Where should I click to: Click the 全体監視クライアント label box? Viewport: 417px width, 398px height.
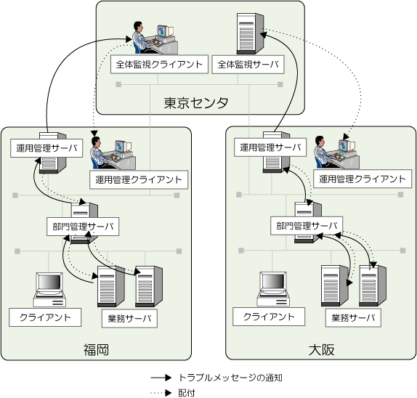[159, 65]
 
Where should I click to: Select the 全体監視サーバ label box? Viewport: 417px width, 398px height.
[248, 65]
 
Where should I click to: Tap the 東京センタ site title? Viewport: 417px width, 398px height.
[196, 103]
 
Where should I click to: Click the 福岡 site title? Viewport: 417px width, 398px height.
[97, 349]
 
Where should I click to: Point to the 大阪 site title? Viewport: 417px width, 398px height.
[321, 349]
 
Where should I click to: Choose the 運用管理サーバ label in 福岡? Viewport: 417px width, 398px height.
[46, 148]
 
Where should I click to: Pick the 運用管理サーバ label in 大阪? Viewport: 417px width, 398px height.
[270, 147]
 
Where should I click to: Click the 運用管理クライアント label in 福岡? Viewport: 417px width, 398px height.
[139, 179]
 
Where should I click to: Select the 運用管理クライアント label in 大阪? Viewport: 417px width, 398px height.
[363, 179]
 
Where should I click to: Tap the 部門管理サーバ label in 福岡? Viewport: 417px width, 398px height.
[83, 227]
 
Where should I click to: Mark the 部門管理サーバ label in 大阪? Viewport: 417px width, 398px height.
[307, 226]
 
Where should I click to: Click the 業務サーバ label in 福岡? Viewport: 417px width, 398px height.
[129, 318]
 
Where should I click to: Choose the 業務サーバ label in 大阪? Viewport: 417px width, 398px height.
[353, 317]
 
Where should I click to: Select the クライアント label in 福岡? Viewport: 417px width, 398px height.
[45, 317]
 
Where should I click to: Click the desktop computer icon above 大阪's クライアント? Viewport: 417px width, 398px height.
[273, 289]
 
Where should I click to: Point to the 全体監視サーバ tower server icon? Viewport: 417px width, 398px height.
[250, 33]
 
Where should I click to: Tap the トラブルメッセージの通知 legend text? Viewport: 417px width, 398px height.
[230, 378]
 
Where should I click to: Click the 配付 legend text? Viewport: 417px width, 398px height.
[187, 393]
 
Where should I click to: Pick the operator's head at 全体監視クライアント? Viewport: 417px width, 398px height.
[138, 26]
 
